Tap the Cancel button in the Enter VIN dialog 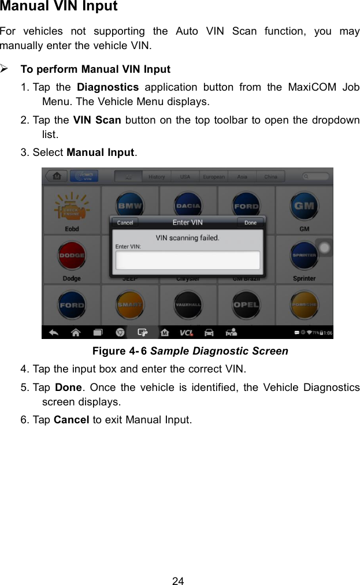(x=125, y=222)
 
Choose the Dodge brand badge (x=72, y=256)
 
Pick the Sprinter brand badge (x=304, y=256)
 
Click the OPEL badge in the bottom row (x=246, y=304)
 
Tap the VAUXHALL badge (x=188, y=304)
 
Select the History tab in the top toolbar (x=157, y=177)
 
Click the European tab (x=213, y=177)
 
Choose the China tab (x=270, y=177)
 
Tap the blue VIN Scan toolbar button (x=84, y=176)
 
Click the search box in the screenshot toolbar (x=317, y=176)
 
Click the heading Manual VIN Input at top (x=59, y=7)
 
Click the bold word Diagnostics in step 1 (x=107, y=88)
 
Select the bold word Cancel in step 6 (x=71, y=419)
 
